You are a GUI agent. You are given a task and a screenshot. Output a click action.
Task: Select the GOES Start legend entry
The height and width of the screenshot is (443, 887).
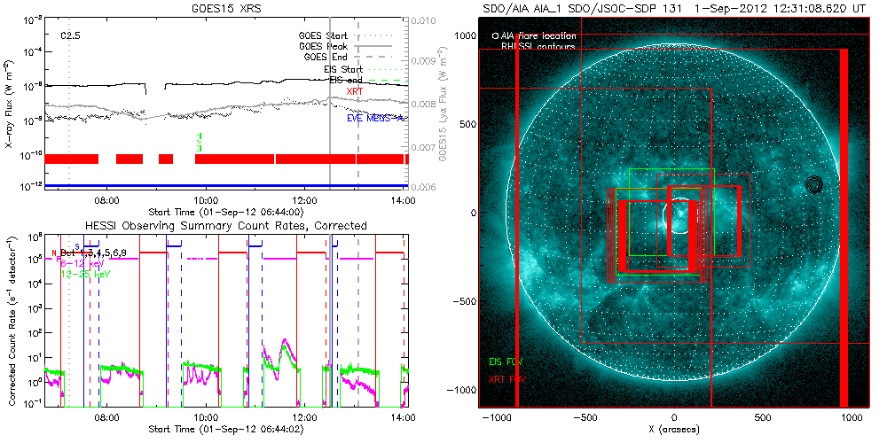[x=323, y=36]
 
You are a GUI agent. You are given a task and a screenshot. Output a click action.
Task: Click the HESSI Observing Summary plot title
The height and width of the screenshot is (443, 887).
[x=225, y=226]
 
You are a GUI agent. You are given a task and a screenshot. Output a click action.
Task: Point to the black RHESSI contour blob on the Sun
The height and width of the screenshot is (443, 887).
[x=814, y=184]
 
